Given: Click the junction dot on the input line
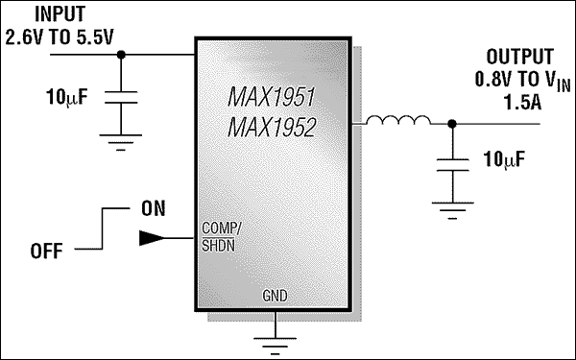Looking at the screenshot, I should point(121,55).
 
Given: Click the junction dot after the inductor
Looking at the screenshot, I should point(452,123).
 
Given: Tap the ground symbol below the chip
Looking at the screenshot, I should point(275,335).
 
